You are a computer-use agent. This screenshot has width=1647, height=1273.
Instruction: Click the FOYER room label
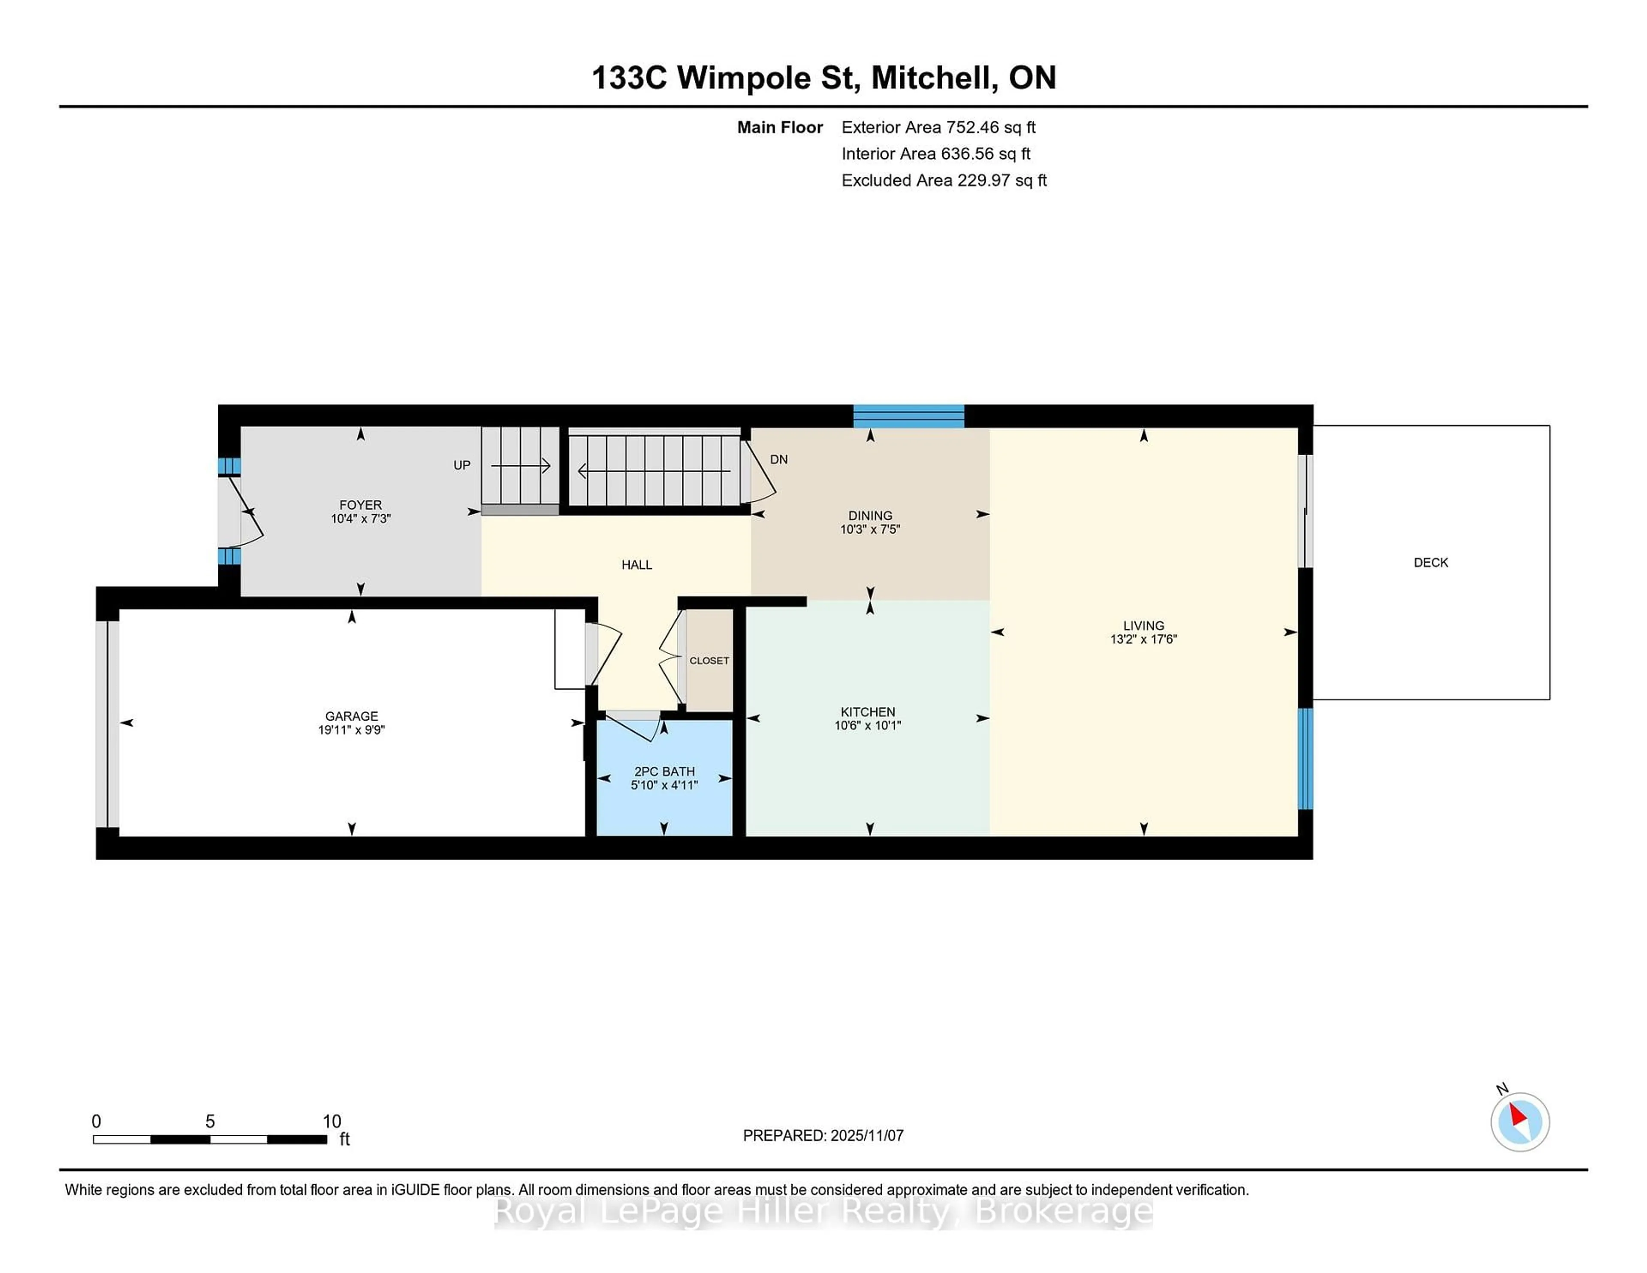[x=360, y=504]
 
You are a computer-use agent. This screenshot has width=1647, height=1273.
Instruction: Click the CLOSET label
[x=709, y=661]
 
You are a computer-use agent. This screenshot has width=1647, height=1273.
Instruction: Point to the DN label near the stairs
[x=778, y=459]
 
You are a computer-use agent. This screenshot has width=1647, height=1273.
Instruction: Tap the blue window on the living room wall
[x=1306, y=758]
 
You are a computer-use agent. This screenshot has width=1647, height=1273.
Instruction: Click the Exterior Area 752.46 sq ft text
[x=938, y=127]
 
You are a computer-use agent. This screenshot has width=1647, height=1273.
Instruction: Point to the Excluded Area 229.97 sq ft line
[x=944, y=180]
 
